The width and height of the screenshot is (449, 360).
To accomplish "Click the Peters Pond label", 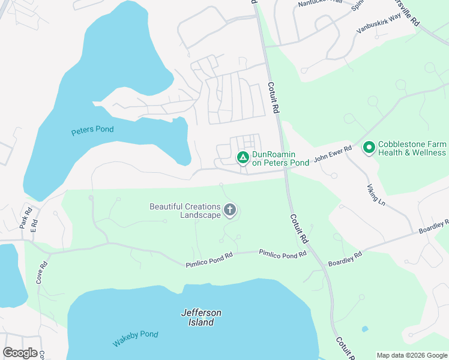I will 92,130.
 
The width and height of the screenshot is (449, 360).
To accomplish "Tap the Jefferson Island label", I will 201,317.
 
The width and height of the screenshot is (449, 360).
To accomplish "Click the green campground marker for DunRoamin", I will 243,158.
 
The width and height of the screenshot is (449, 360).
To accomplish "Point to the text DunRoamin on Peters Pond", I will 280,158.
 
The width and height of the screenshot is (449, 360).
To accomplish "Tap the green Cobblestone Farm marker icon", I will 369,146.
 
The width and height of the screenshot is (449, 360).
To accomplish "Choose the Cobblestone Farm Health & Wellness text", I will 412,148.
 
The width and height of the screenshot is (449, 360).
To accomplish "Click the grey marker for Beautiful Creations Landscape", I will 229,210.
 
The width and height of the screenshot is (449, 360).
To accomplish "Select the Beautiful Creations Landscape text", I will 185,211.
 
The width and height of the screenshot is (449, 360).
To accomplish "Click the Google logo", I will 20,353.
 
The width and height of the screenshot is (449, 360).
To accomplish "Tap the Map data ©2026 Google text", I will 411,355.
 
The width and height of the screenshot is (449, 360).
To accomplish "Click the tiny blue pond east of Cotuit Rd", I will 364,329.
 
